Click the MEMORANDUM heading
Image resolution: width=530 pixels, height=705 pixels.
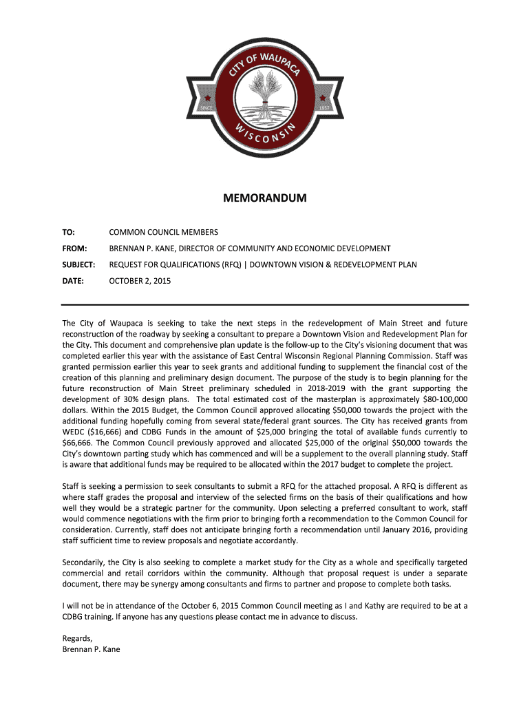(x=264, y=199)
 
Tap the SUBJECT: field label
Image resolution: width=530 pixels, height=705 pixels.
(x=78, y=264)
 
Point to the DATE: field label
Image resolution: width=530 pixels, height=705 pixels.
(x=72, y=281)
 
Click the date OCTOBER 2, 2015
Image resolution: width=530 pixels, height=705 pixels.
(x=140, y=281)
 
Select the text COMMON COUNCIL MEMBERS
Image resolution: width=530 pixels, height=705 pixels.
(x=164, y=232)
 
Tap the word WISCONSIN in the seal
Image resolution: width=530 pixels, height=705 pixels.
(x=264, y=135)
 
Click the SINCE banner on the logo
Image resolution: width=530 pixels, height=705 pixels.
(x=205, y=108)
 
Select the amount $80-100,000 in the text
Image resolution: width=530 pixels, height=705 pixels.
(x=440, y=399)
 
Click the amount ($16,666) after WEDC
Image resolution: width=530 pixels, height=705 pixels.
(x=106, y=421)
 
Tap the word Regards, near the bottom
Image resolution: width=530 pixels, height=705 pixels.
(x=77, y=638)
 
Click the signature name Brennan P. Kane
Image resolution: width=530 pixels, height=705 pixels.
(x=92, y=649)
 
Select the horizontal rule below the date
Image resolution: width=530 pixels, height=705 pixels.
(x=264, y=304)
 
